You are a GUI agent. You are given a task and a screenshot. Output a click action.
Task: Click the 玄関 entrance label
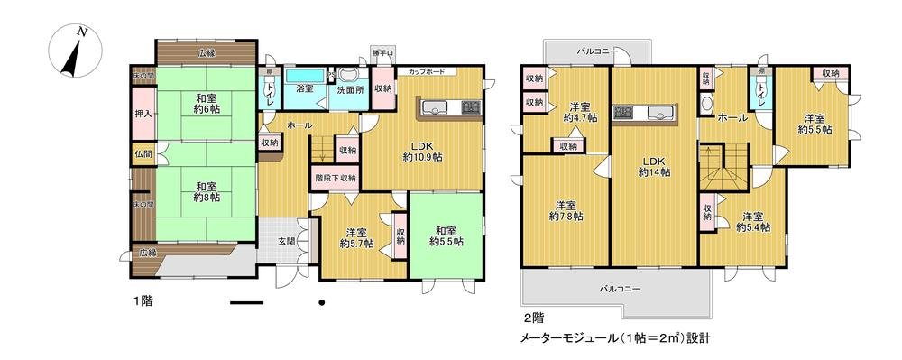coord(286,241)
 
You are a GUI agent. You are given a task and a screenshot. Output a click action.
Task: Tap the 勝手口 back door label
coord(382,55)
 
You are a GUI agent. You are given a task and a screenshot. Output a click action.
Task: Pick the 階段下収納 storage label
coord(336,179)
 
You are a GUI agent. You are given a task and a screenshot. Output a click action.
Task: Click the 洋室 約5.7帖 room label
coord(357,236)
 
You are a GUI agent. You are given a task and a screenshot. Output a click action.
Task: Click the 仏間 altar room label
coord(142,155)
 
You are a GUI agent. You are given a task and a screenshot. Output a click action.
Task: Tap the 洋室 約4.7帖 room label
coord(579,111)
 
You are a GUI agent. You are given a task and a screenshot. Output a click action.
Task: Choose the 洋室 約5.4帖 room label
coord(752,222)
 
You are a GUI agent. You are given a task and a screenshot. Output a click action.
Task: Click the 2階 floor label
coord(532,318)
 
